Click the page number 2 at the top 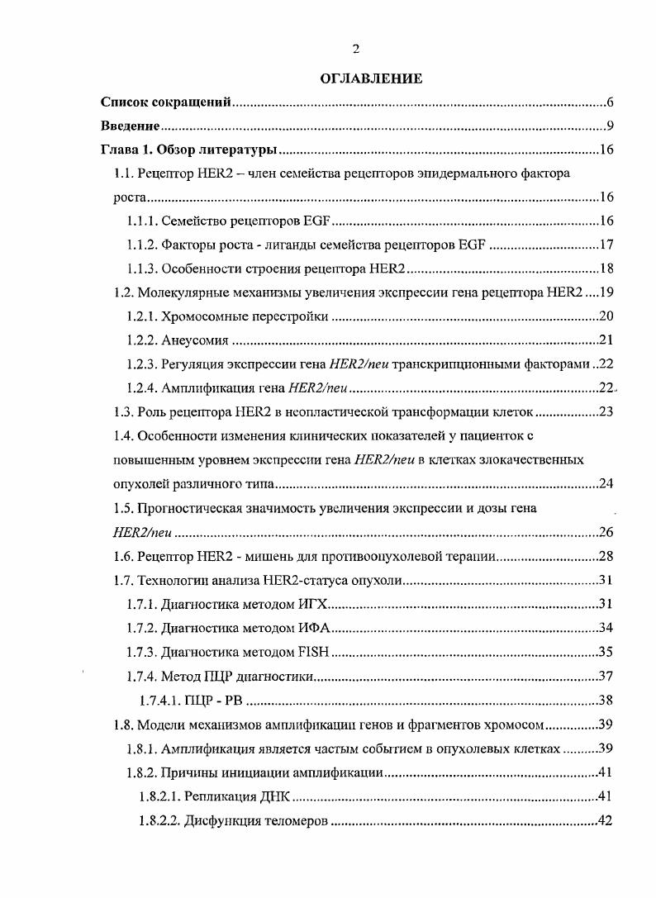click(x=354, y=49)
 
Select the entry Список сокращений click(x=165, y=103)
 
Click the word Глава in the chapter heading click(x=120, y=150)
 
